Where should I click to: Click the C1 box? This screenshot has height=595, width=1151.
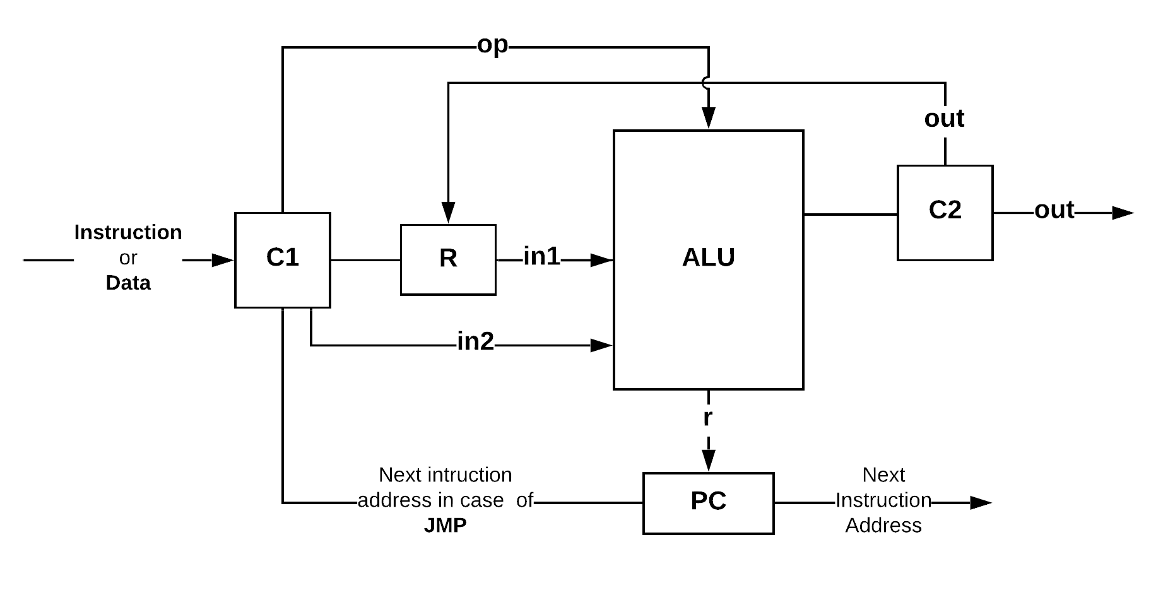(x=282, y=259)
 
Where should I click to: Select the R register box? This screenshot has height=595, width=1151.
(x=448, y=259)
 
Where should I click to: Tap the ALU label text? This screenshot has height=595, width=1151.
(x=708, y=257)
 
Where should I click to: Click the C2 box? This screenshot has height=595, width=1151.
(x=945, y=212)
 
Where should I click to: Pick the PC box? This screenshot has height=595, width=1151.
(x=708, y=503)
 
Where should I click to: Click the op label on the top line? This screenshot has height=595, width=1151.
(x=492, y=45)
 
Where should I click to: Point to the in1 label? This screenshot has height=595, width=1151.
(x=541, y=257)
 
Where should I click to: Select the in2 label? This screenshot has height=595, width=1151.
(x=475, y=341)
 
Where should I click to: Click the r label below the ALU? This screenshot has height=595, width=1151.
(x=708, y=418)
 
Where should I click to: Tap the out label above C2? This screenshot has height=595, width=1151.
(x=944, y=119)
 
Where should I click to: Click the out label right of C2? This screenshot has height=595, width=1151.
(x=1054, y=210)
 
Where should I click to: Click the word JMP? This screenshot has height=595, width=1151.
(x=445, y=525)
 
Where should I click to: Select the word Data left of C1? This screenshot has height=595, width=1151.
(x=128, y=283)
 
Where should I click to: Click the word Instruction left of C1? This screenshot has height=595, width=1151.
(x=128, y=232)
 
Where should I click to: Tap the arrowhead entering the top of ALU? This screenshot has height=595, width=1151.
(x=708, y=118)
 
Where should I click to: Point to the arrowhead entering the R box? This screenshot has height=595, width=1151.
(x=448, y=212)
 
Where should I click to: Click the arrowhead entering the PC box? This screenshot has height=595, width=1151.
(x=708, y=461)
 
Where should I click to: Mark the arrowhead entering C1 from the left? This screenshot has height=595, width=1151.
(x=223, y=260)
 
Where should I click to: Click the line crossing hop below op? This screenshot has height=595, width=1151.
(x=706, y=82)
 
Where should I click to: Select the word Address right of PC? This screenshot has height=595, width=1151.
(x=883, y=525)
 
